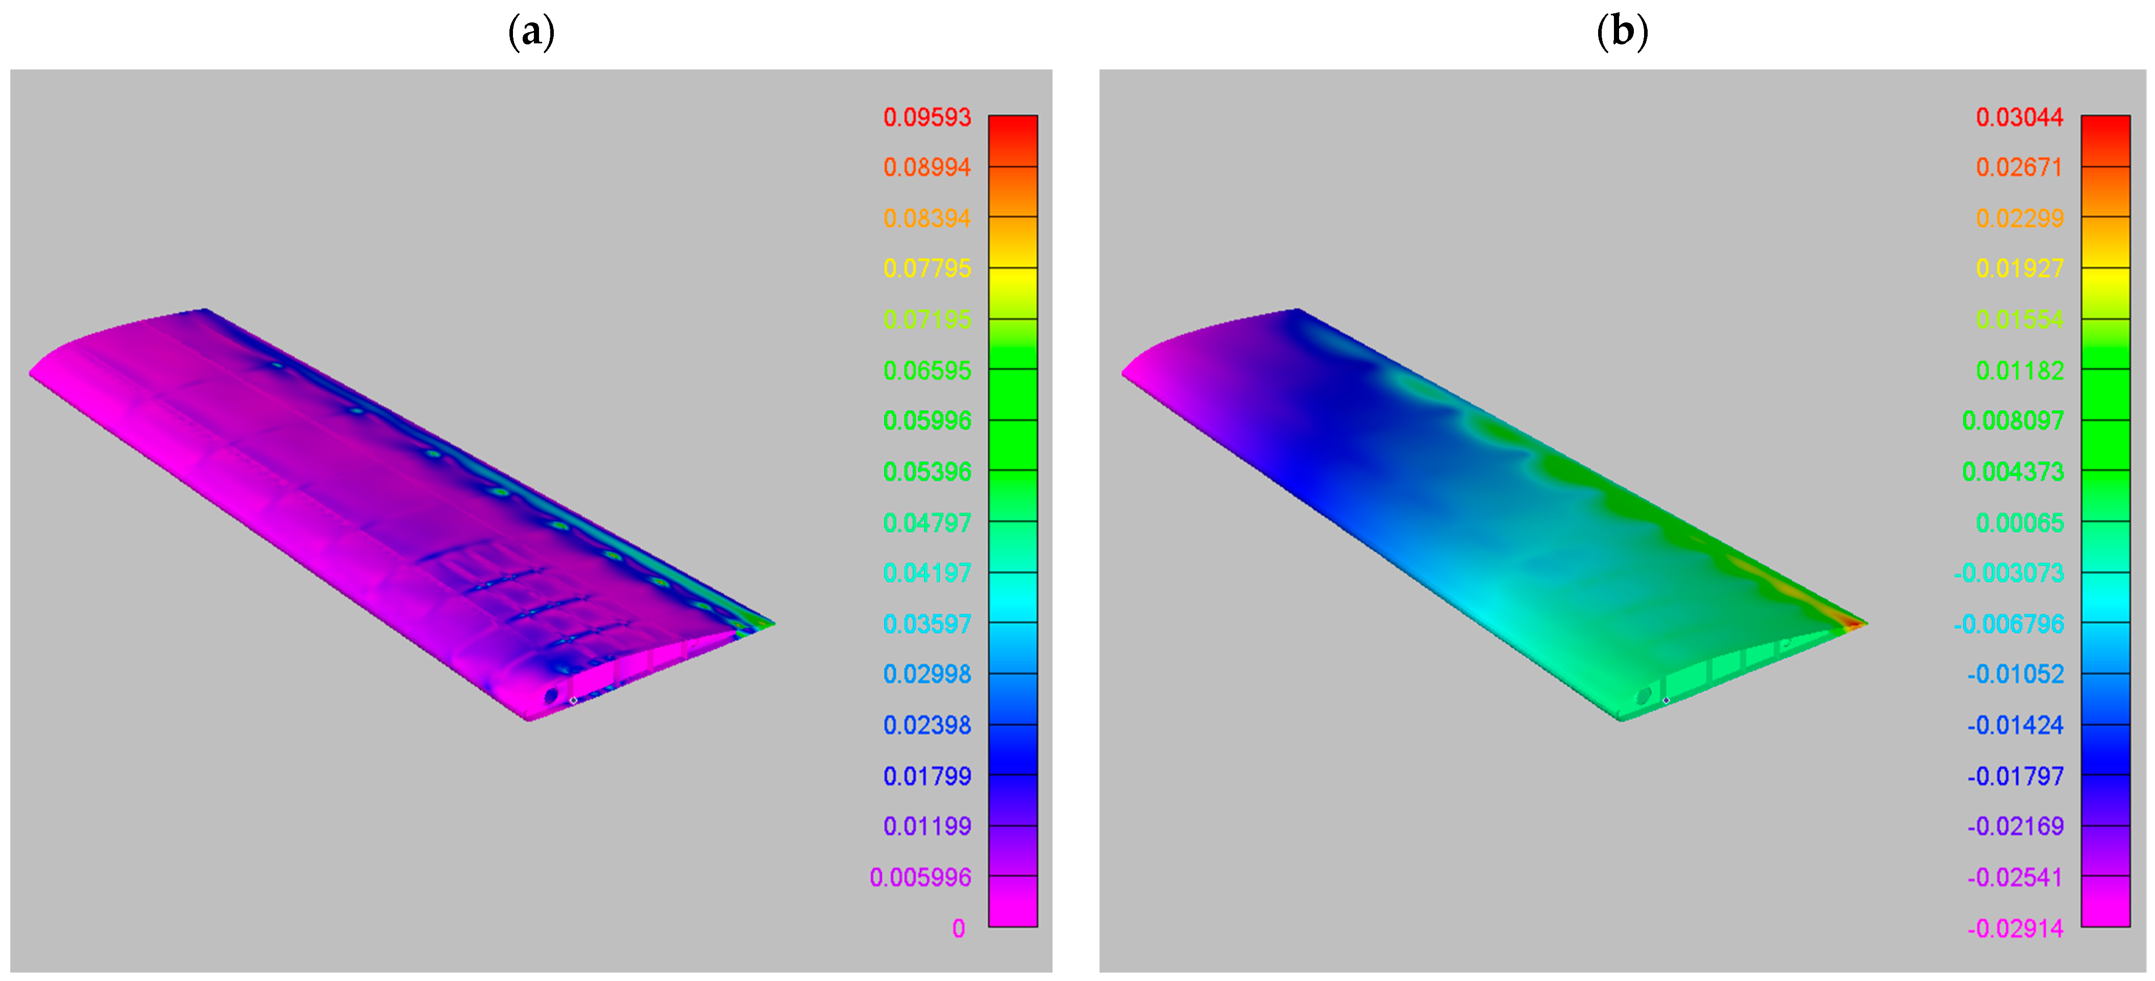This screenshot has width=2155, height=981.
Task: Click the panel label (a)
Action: pyautogui.click(x=531, y=32)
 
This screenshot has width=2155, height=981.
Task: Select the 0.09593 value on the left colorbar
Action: pyautogui.click(x=927, y=117)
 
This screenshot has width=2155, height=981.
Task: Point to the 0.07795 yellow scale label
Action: pyautogui.click(x=927, y=268)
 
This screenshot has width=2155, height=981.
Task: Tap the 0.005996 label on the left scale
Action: pyautogui.click(x=920, y=877)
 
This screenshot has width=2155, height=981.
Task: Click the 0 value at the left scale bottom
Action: pyautogui.click(x=959, y=928)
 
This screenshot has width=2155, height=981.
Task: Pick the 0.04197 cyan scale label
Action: pyautogui.click(x=927, y=573)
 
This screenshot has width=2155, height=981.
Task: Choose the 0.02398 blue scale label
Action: pyautogui.click(x=927, y=725)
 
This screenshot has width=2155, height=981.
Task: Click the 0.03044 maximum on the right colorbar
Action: pyautogui.click(x=2019, y=117)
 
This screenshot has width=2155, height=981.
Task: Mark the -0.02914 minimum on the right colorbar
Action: pyautogui.click(x=2015, y=928)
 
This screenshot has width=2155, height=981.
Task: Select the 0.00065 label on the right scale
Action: pyautogui.click(x=2019, y=523)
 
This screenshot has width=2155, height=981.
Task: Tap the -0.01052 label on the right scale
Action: pyautogui.click(x=2015, y=674)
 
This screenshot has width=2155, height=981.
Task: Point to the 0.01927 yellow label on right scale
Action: pyautogui.click(x=2019, y=268)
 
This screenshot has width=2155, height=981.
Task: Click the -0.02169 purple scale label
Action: pyautogui.click(x=2015, y=826)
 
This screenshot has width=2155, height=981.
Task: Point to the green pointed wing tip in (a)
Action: pyautogui.click(x=766, y=623)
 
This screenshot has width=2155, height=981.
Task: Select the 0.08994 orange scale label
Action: pyautogui.click(x=927, y=167)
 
